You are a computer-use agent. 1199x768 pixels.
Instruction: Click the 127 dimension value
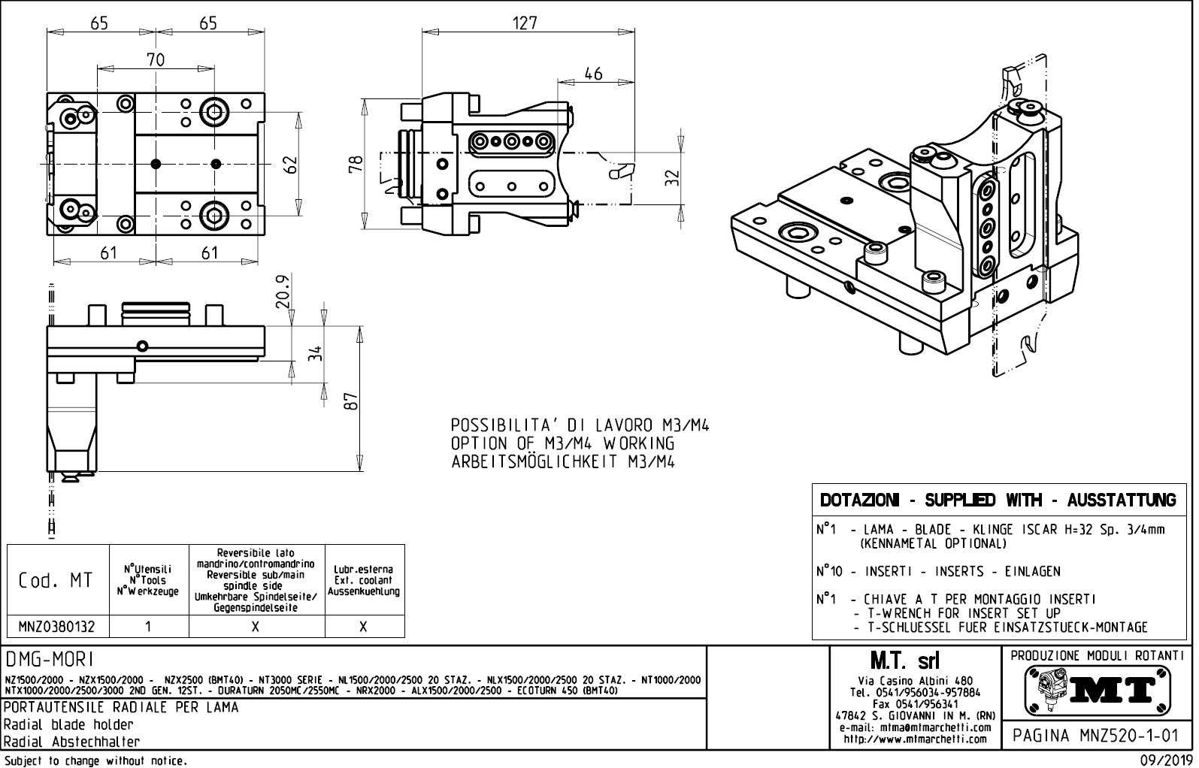525,23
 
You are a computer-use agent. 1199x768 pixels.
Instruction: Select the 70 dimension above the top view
156,59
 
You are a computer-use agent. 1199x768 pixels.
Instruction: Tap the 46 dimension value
593,74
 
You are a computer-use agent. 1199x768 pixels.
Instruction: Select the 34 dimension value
316,352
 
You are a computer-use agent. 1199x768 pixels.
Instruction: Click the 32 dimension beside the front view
673,177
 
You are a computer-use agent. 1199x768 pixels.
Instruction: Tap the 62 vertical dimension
291,163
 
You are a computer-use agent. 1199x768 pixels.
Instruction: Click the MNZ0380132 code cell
58,627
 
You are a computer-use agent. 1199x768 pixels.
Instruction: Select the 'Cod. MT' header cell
57,580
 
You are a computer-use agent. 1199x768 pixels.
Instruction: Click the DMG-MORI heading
50,660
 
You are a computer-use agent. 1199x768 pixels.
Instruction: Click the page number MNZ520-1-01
1095,736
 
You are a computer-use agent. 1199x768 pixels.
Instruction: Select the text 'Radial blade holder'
68,724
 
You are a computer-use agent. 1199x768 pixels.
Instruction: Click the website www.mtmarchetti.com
915,739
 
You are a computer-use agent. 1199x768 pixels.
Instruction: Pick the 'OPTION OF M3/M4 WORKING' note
562,443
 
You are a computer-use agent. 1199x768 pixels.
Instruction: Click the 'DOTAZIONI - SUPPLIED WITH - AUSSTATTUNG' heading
998,500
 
